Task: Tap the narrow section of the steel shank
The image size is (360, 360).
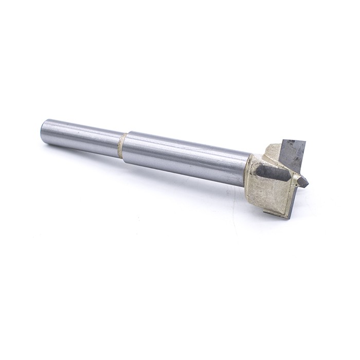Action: tap(82, 137)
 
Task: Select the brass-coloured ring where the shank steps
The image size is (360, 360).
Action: tap(121, 146)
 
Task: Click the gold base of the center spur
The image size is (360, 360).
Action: tap(297, 177)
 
